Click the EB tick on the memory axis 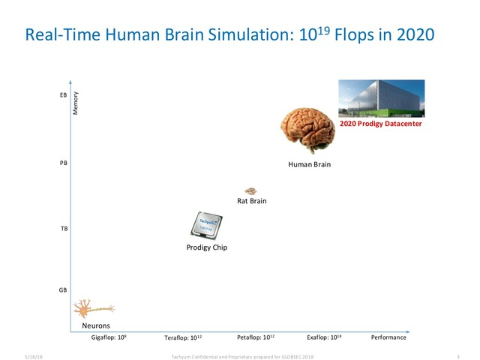pos(62,96)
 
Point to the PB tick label pos(62,162)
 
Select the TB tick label pos(62,228)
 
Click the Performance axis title pos(388,337)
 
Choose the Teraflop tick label pos(183,337)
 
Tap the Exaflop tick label pos(324,337)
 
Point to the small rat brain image pos(251,191)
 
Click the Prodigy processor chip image pos(206,225)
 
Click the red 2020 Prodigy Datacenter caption pos(381,124)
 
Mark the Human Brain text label pos(310,163)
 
